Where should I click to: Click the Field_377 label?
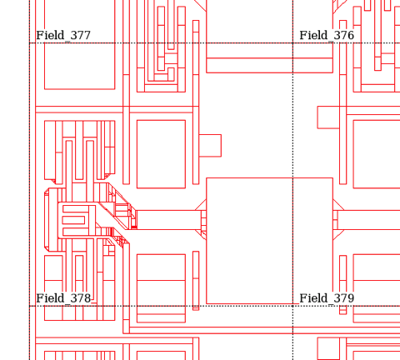click(x=63, y=36)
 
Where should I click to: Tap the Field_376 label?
click(x=327, y=36)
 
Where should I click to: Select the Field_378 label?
click(x=63, y=298)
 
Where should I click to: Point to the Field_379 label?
click(x=327, y=298)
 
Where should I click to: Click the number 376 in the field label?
click(x=344, y=35)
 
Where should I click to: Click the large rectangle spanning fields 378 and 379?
click(x=269, y=241)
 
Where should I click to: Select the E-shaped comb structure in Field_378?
click(x=77, y=221)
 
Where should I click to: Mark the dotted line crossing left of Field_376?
click(x=292, y=42)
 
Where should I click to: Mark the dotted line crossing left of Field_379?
click(x=292, y=306)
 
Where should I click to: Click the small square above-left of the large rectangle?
click(x=210, y=146)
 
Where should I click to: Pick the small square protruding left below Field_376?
click(x=328, y=117)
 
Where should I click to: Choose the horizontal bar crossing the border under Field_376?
click(x=269, y=65)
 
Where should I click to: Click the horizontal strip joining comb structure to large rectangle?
click(x=169, y=220)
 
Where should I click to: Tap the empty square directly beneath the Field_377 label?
click(x=80, y=66)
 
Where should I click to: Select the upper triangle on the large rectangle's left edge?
click(x=202, y=206)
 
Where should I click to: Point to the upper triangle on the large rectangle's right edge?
click(x=337, y=206)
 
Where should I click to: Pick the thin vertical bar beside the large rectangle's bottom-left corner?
click(x=196, y=281)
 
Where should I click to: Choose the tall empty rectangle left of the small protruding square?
click(x=161, y=154)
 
